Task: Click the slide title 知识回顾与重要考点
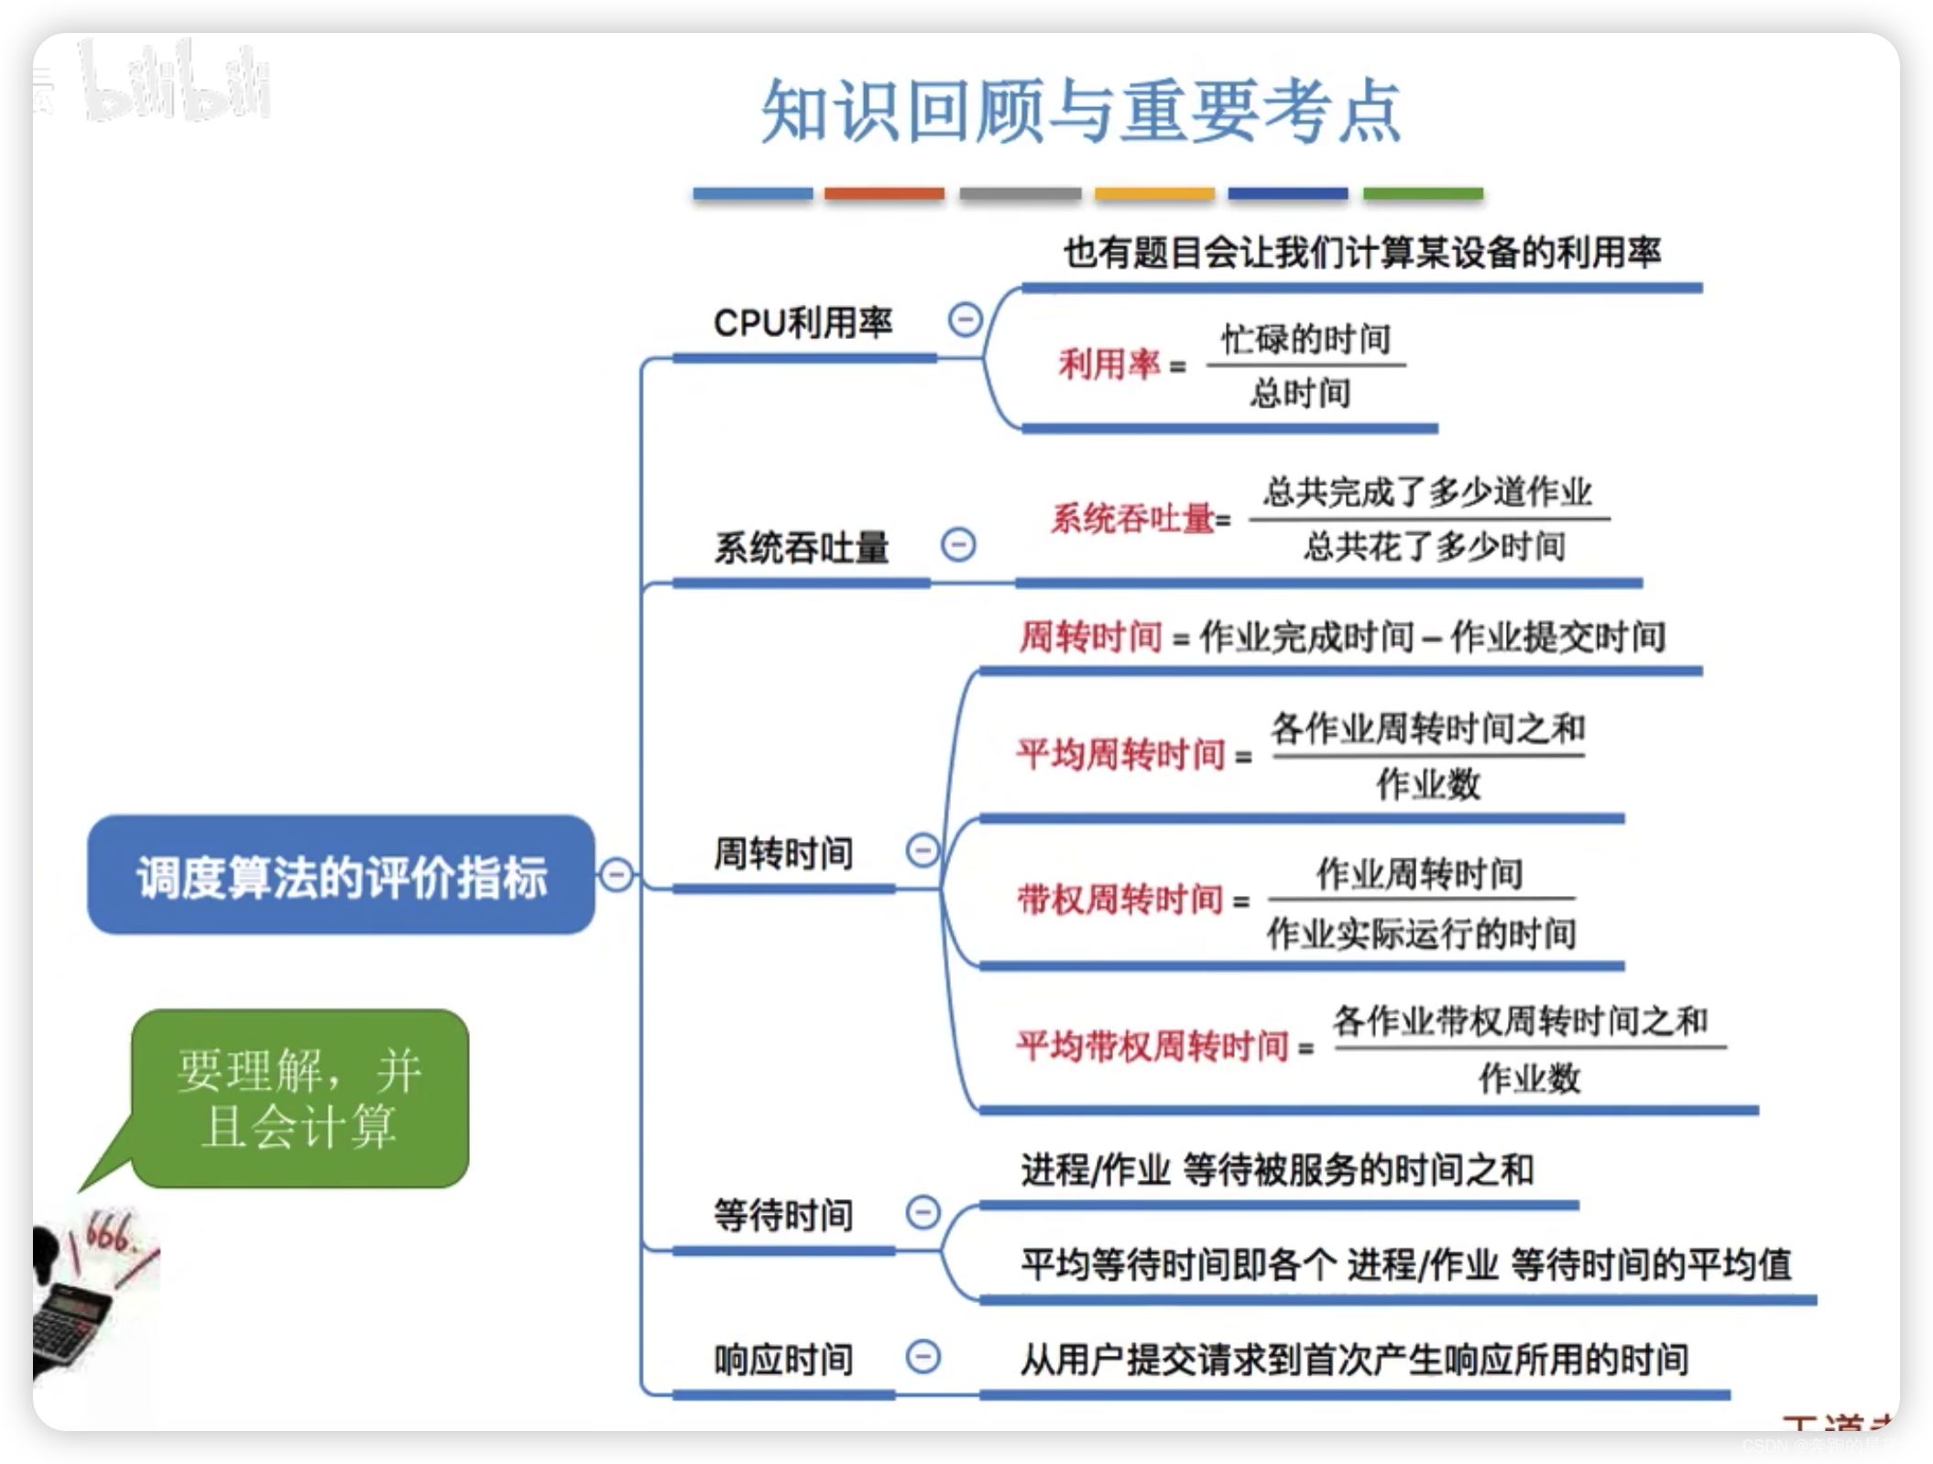(1081, 112)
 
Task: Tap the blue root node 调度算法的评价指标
(341, 875)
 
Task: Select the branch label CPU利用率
(803, 322)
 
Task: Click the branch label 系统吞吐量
(802, 548)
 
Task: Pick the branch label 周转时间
(783, 853)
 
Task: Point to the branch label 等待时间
(783, 1215)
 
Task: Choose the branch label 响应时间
(783, 1360)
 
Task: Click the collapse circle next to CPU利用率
(965, 320)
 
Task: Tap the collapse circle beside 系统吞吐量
(958, 545)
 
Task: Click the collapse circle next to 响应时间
(923, 1357)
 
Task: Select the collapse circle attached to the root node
(617, 875)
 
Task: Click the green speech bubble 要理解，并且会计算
(300, 1098)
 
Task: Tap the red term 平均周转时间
(1121, 755)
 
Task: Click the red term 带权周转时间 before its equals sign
(1120, 900)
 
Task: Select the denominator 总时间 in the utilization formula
(1301, 393)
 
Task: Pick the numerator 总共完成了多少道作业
(1427, 493)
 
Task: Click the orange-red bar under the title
(884, 193)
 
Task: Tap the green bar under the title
(1423, 193)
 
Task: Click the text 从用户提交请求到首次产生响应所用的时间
(1354, 1360)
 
